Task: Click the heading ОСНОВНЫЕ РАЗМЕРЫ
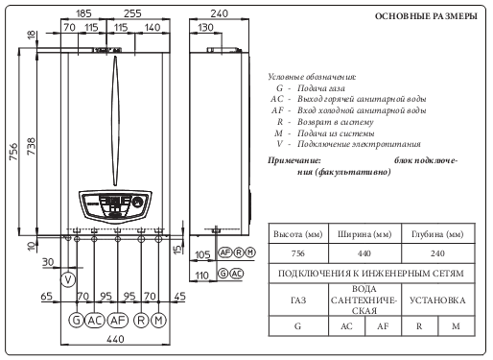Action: coord(426,16)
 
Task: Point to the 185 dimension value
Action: coord(83,13)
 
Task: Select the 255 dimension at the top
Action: coord(132,13)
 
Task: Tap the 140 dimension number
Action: coord(153,28)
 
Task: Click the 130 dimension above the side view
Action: coord(205,28)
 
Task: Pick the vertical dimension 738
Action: coord(31,147)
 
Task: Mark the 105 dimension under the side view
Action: coord(202,255)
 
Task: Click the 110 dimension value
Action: coord(201,276)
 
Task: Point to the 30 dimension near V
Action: coord(48,262)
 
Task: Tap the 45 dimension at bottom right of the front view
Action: coord(180,297)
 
